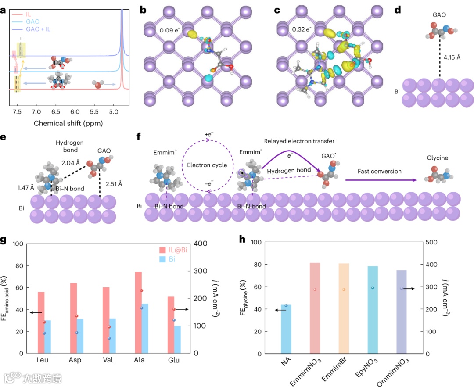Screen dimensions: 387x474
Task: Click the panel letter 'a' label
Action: (x=4, y=11)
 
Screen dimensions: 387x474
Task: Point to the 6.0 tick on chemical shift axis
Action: (x=75, y=114)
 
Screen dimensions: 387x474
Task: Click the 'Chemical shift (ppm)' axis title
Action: (x=68, y=123)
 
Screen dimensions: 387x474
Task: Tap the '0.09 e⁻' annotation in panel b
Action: (x=158, y=31)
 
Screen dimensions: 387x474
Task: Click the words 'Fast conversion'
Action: (x=380, y=171)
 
